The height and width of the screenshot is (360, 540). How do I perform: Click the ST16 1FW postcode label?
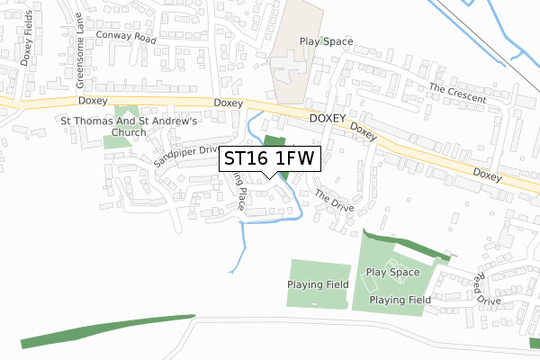(x=269, y=158)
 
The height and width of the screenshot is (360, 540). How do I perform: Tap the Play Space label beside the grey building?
(x=326, y=41)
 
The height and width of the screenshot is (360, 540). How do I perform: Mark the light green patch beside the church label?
(x=115, y=139)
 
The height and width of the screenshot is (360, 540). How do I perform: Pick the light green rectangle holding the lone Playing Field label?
(x=319, y=284)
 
